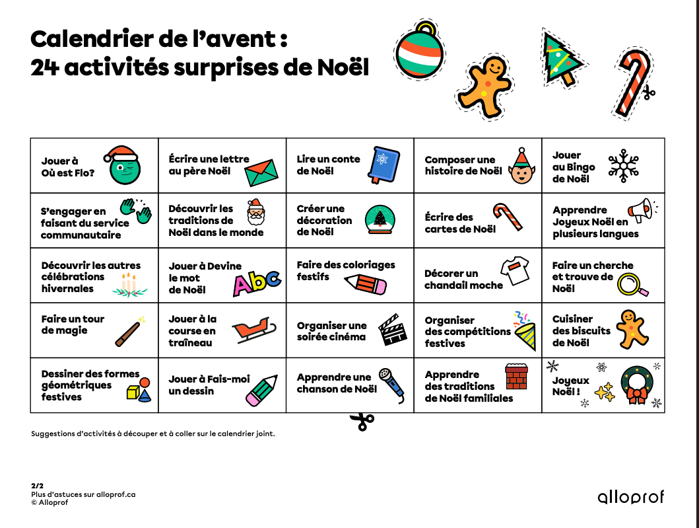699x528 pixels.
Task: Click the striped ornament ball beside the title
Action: pos(419,51)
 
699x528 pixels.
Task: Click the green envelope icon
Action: pos(261,173)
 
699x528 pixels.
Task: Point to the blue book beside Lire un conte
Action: pos(383,164)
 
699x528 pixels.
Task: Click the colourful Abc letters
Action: pos(257,282)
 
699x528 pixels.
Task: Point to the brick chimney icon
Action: pos(517,377)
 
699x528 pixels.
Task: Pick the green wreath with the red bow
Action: pos(636,385)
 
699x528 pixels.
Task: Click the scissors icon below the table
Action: pos(362,421)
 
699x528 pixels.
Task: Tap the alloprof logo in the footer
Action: pos(630,498)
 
